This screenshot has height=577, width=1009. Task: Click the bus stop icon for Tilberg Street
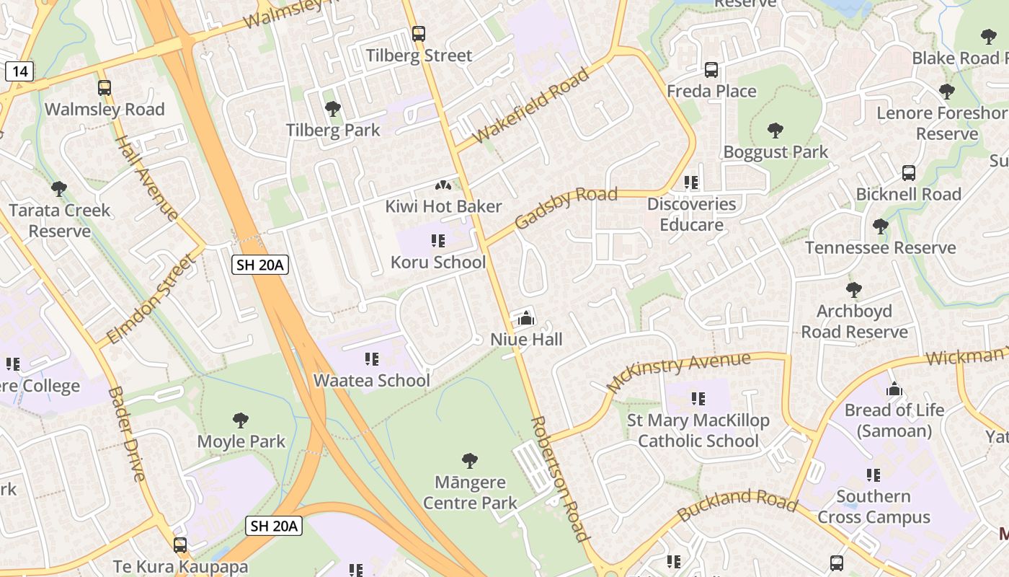click(418, 33)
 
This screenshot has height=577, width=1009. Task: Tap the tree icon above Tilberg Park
click(332, 109)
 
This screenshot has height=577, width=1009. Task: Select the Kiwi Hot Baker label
click(443, 206)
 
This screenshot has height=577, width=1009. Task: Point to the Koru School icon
click(438, 240)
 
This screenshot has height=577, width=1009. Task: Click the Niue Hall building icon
click(526, 317)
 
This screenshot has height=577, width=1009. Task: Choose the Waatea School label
click(371, 380)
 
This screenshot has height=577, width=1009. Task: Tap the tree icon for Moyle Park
click(241, 420)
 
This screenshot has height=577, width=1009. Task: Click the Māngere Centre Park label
click(470, 492)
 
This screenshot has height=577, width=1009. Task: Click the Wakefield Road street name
click(531, 106)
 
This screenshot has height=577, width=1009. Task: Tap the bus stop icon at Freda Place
click(711, 70)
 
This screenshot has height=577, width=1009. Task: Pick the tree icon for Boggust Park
click(775, 131)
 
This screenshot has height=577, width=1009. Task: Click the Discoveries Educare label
click(691, 214)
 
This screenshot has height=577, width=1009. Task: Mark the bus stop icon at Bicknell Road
click(909, 173)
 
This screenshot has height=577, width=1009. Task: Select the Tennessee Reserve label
click(880, 247)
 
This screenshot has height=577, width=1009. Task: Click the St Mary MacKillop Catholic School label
click(698, 430)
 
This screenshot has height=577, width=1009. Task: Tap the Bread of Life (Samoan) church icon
click(894, 389)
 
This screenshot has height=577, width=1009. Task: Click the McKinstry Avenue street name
click(679, 371)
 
